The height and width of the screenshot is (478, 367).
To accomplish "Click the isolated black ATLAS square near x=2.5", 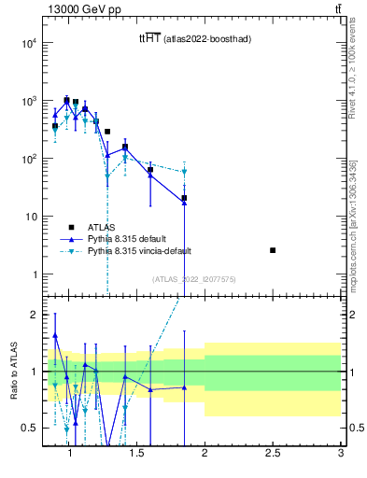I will click(x=273, y=250).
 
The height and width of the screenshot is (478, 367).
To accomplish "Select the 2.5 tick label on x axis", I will click(x=273, y=455).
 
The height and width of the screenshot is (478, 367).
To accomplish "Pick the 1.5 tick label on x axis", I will click(x=137, y=455).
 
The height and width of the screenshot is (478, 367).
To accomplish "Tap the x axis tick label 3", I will click(x=341, y=455).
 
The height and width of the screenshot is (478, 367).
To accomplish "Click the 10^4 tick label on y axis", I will click(x=28, y=43).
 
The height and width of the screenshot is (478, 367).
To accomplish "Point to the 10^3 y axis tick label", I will click(x=28, y=101).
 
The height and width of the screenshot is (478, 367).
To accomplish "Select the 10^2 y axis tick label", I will click(x=28, y=159).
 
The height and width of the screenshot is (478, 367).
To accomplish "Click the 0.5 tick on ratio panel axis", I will click(x=30, y=428).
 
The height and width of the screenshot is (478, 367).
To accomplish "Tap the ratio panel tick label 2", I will click(x=35, y=315).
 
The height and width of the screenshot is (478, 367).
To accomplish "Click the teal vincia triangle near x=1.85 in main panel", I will click(x=185, y=172).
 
